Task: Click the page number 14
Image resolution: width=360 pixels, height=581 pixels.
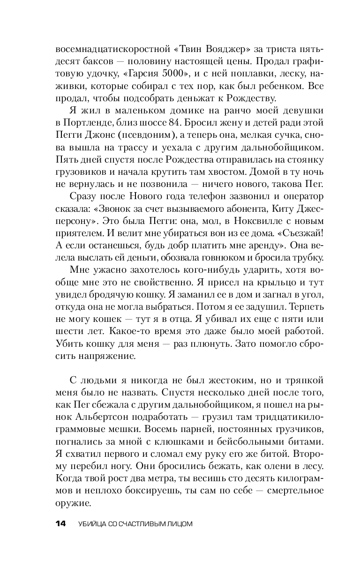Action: click(61, 523)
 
